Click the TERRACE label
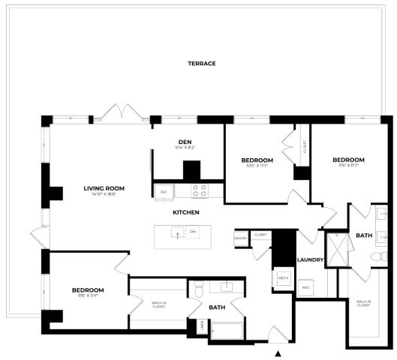[201, 64]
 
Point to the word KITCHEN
[185, 213]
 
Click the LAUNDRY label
[310, 260]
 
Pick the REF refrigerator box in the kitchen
[164, 192]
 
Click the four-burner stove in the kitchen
[199, 190]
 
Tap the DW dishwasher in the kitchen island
[193, 232]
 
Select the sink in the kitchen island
[177, 234]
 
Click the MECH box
[283, 277]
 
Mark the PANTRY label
[240, 238]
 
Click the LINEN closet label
[202, 327]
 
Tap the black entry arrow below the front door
[278, 353]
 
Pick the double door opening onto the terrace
[121, 114]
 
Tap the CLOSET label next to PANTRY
[260, 235]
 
